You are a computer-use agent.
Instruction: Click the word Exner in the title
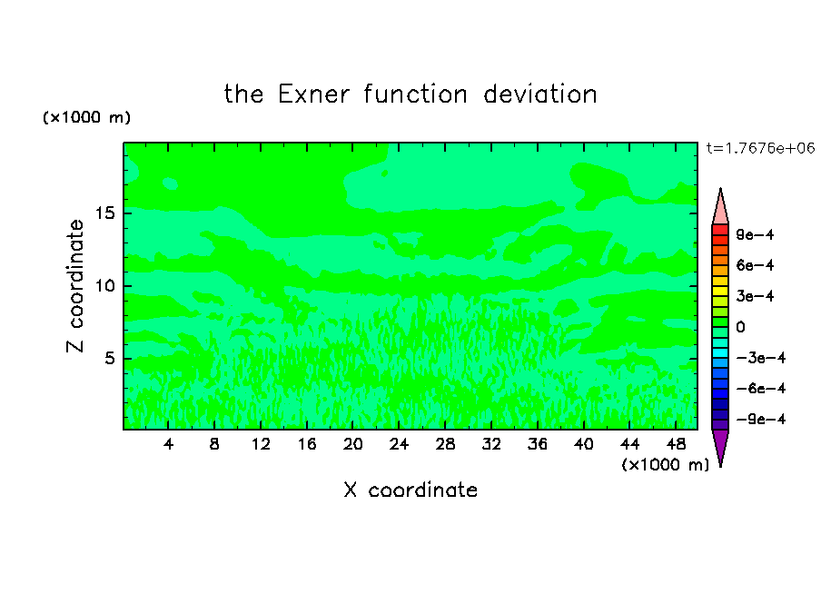[x=313, y=94]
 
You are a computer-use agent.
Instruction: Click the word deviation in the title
[x=539, y=94]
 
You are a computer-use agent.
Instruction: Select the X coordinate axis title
[x=410, y=490]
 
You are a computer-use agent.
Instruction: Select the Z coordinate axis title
[x=74, y=285]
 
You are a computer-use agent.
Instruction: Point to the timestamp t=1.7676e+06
[x=760, y=148]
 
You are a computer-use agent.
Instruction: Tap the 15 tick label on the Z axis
[x=105, y=213]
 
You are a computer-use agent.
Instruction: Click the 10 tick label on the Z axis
[x=105, y=285]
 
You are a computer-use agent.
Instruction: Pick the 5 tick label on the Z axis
[x=110, y=358]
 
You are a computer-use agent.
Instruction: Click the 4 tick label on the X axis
[x=168, y=444]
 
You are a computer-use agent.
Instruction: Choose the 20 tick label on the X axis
[x=353, y=444]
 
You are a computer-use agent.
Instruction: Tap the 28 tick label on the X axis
[x=445, y=444]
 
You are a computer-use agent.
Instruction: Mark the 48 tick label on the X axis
[x=676, y=444]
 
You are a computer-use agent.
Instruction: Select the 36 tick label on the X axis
[x=538, y=444]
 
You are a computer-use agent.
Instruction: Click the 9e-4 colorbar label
[x=755, y=234]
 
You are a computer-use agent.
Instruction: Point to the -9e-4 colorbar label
[x=761, y=419]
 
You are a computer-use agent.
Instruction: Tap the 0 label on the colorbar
[x=740, y=327]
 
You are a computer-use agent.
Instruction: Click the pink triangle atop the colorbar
[x=720, y=209]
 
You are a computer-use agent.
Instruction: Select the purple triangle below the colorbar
[x=720, y=445]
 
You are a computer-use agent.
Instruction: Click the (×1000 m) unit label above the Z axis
[x=86, y=117]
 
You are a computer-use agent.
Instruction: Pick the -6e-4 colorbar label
[x=761, y=388]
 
